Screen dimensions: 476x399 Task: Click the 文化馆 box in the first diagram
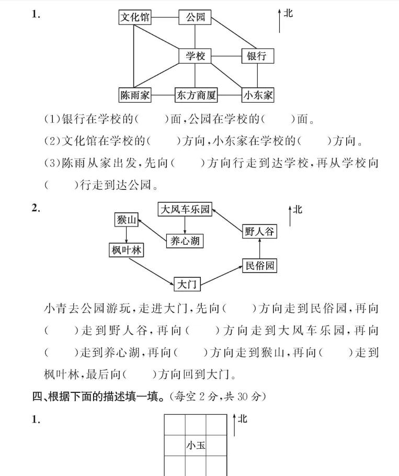click(x=135, y=17)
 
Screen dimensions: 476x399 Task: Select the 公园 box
click(x=195, y=17)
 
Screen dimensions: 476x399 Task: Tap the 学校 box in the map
click(x=195, y=56)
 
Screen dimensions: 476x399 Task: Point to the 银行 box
click(x=257, y=56)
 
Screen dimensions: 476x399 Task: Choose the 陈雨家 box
click(x=135, y=95)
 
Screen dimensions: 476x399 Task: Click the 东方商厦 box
click(x=196, y=95)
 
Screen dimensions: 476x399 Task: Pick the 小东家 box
click(x=258, y=95)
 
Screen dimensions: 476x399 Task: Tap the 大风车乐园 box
click(x=185, y=210)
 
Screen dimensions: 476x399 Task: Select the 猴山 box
click(x=126, y=220)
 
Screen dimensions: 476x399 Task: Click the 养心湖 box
click(x=184, y=241)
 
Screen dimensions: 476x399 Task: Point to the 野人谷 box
click(x=259, y=231)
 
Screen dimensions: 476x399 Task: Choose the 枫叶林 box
click(x=126, y=250)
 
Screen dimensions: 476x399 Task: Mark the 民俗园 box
click(x=259, y=265)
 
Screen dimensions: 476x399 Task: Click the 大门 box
click(x=186, y=285)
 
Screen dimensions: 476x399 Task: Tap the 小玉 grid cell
click(x=196, y=445)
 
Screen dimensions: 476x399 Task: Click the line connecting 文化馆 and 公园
click(x=165, y=17)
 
